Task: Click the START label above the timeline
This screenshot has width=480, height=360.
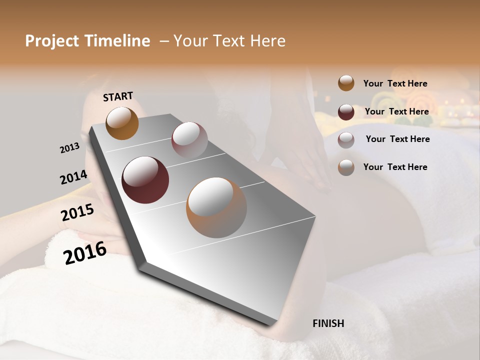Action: coord(118,96)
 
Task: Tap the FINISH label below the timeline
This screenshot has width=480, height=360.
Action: coord(328,323)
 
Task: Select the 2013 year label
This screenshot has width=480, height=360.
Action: coord(70,148)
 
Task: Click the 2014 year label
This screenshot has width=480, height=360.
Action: coord(73,177)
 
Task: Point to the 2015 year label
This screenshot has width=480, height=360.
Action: coord(77,212)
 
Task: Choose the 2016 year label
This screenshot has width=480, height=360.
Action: coord(85,252)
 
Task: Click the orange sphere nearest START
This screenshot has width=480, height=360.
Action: coord(122,123)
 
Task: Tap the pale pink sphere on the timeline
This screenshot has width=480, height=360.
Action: coord(189,139)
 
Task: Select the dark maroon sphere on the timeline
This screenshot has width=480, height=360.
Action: coord(145,180)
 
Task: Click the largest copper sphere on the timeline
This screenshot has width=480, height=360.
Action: coord(216,207)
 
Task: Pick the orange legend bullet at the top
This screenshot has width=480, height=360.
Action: coord(346,83)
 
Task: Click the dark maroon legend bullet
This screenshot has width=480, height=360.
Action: coord(346,112)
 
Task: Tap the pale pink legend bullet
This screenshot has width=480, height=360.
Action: coord(346,140)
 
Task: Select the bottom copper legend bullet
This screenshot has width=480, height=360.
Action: coord(346,167)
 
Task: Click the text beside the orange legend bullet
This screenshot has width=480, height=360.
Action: coord(395,83)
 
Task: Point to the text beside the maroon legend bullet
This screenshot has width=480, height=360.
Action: coord(396,111)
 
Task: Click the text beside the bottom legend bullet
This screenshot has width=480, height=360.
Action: coord(395,167)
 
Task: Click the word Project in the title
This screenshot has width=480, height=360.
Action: coord(52,41)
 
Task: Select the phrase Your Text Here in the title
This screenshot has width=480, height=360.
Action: coord(229,41)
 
